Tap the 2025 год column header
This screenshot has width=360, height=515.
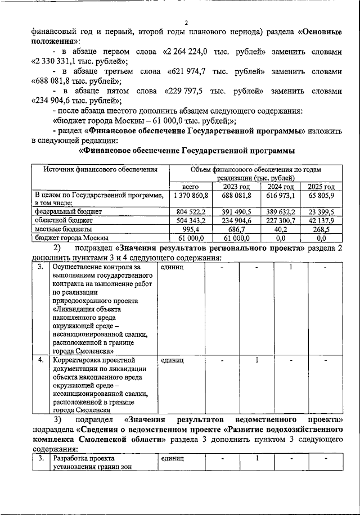pyautogui.click(x=321, y=187)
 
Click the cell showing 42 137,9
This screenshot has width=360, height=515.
pyautogui.click(x=321, y=221)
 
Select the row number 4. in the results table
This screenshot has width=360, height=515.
pyautogui.click(x=39, y=359)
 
